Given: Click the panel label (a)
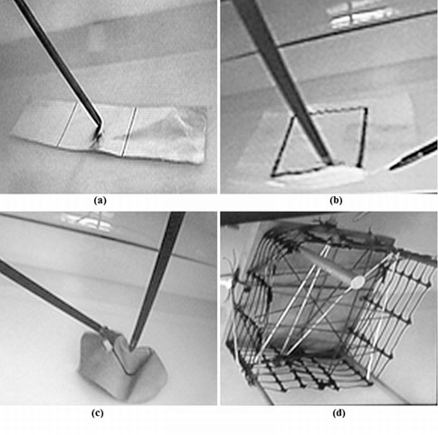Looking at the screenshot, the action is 100,201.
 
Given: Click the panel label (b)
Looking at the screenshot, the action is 336,201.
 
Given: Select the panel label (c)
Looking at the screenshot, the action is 97,413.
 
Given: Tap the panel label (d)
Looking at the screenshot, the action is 338,413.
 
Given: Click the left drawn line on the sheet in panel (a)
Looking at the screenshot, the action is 68,124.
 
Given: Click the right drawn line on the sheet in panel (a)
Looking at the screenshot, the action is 129,132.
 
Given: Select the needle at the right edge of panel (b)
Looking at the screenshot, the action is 414,156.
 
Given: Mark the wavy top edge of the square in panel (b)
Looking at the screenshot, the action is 338,110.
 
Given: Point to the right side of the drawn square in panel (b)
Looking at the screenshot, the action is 363,137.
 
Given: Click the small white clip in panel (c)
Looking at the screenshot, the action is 108,345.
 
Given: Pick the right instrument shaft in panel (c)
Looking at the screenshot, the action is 157,280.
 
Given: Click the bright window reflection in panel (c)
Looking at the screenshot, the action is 88,221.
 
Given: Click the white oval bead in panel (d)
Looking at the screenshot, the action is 357,282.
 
